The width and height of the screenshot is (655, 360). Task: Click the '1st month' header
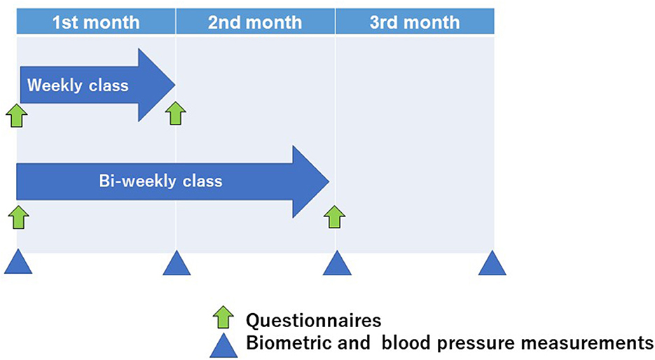[96, 22]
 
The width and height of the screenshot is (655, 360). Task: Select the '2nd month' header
[255, 22]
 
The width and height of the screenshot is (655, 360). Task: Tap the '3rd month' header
[415, 22]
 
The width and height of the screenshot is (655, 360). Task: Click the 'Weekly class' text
[78, 85]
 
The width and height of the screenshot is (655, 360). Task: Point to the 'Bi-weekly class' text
[160, 181]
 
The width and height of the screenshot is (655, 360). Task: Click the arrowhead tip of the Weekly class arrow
[174, 85]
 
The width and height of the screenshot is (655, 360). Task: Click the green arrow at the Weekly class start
[17, 116]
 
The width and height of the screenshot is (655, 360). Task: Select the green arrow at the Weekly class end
[175, 113]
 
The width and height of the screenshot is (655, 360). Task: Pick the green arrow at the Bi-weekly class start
[18, 217]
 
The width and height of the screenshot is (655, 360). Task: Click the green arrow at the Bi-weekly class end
[335, 216]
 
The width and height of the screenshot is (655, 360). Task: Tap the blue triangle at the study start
[18, 262]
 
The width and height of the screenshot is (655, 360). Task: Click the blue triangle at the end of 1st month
[177, 263]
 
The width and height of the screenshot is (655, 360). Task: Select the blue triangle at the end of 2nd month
[337, 263]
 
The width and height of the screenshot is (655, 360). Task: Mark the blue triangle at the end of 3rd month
[492, 263]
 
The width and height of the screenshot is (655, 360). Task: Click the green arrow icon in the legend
[223, 317]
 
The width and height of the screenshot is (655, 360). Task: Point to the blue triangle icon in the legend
[223, 345]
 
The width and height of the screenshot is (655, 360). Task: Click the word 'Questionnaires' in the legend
[313, 321]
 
